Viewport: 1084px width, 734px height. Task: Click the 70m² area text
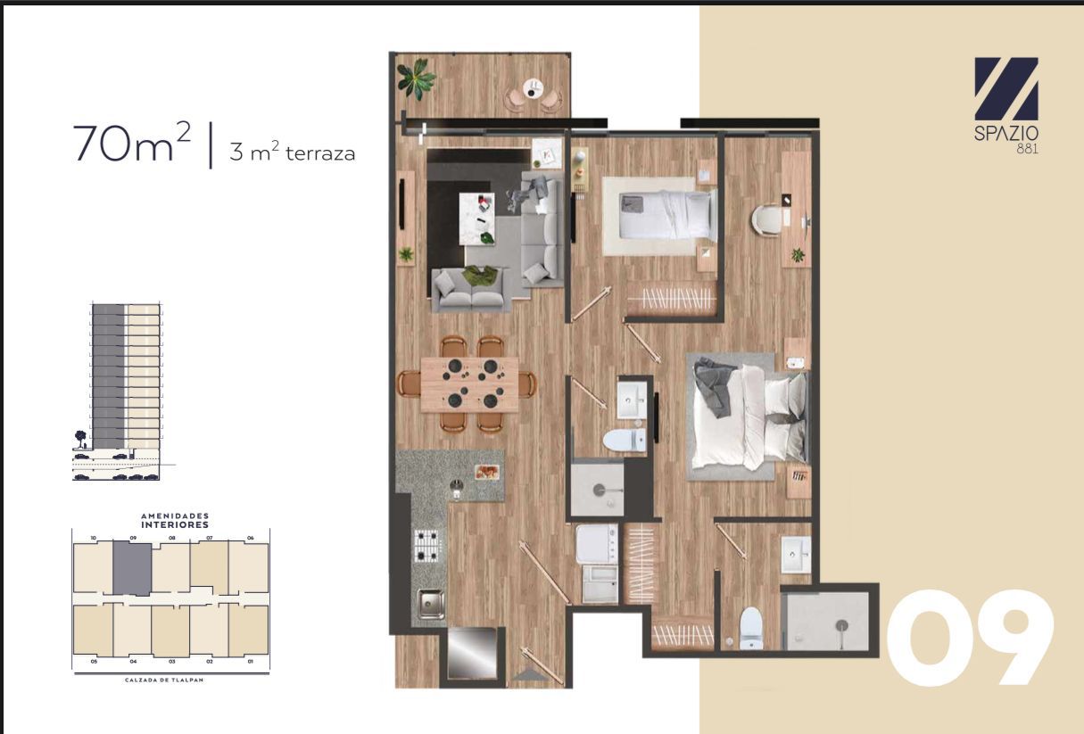point(133,144)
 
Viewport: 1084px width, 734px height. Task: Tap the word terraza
point(320,153)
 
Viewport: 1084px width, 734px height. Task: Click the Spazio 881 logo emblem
point(1005,89)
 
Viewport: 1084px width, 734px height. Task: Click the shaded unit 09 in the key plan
point(132,567)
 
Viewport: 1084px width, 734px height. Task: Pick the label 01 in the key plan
point(251,662)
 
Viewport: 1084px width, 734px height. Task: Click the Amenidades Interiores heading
point(174,520)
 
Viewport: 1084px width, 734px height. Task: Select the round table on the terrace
point(534,88)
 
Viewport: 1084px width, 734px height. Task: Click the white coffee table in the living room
point(475,217)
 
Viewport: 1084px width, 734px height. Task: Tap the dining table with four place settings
point(469,383)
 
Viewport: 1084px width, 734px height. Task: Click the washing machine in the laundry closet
point(597,544)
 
